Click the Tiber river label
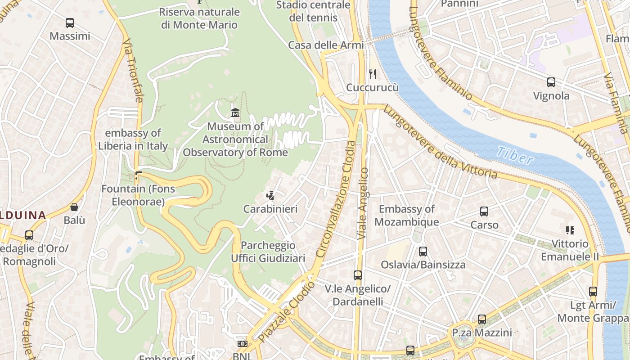click(x=515, y=156)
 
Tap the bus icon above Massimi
click(x=70, y=22)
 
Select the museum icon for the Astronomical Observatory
click(x=235, y=112)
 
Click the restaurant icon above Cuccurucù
click(x=372, y=74)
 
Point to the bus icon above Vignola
click(x=551, y=82)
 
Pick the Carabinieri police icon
click(x=270, y=195)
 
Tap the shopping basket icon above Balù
click(x=74, y=207)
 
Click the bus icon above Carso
click(x=484, y=211)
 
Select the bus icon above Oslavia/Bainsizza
click(x=423, y=251)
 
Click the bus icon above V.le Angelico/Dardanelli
click(x=357, y=275)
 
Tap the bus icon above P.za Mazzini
click(x=482, y=319)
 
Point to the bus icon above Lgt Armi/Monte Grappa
click(x=593, y=292)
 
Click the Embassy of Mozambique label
click(x=406, y=216)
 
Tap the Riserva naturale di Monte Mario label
click(x=199, y=18)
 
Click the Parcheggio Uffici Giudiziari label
click(x=268, y=252)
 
